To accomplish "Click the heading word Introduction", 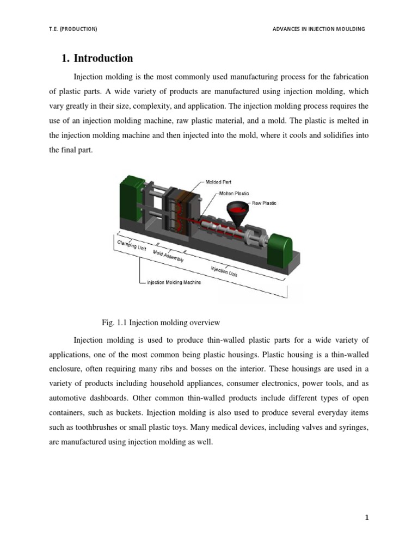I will (103, 59).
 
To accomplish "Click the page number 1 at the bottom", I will (367, 518).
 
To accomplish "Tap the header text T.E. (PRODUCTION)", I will (73, 29).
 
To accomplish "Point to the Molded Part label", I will (218, 182).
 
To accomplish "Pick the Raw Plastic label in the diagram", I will (263, 203).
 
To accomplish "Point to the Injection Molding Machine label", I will (174, 282).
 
